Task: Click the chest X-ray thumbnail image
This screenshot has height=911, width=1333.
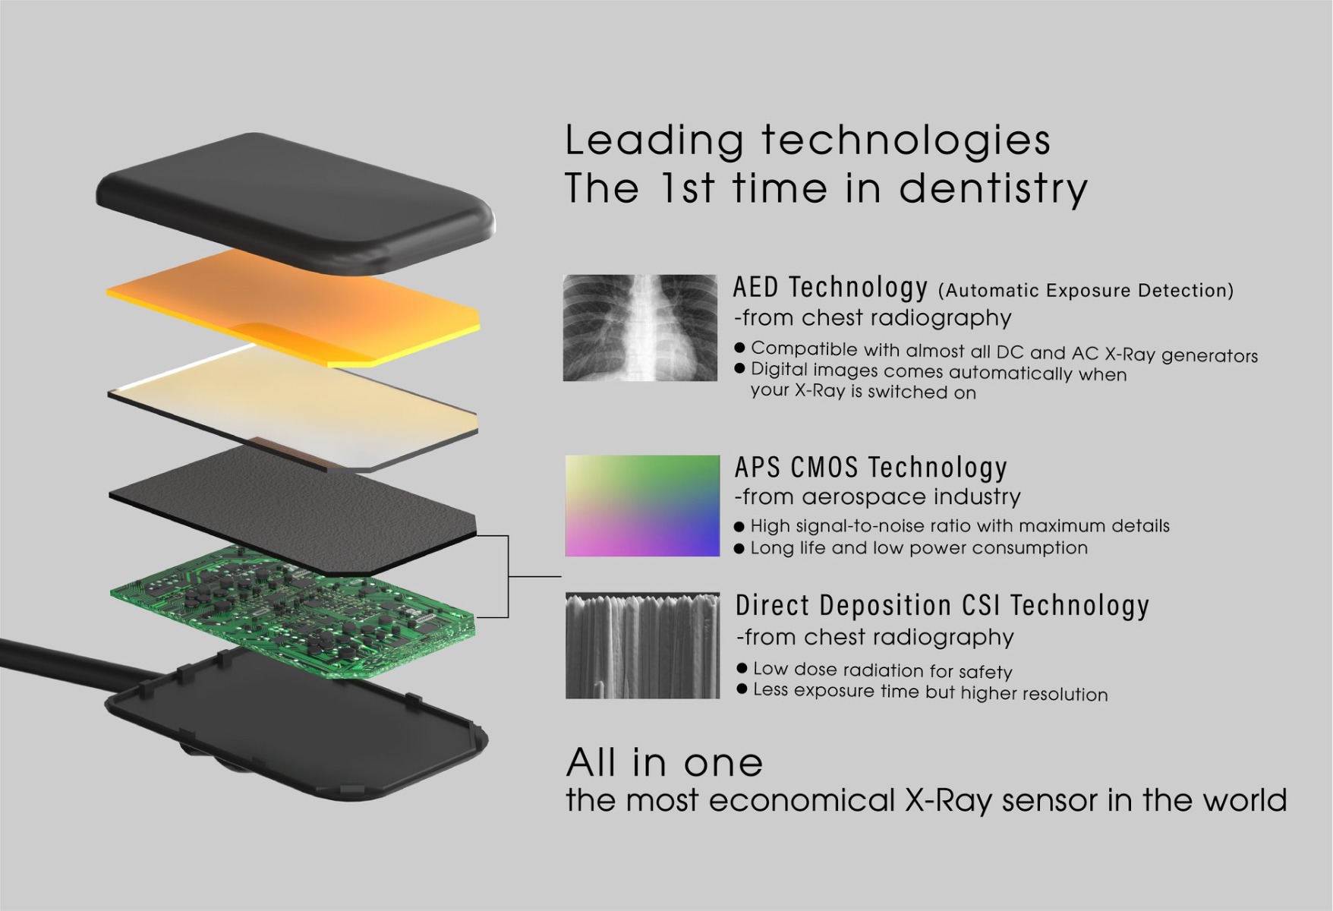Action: (640, 328)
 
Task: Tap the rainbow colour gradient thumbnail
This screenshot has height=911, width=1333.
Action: (642, 506)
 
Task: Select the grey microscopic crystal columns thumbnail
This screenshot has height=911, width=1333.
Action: (642, 645)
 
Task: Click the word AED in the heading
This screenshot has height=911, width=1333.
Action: (755, 288)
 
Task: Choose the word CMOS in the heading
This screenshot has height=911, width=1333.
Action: (825, 468)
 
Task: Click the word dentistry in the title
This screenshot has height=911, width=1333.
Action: (993, 188)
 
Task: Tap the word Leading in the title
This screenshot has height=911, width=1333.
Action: (654, 140)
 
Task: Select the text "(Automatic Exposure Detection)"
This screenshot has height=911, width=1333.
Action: (1086, 291)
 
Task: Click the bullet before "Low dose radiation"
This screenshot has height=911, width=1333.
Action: (742, 669)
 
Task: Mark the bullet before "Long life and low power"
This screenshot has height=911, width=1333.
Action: (739, 549)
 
